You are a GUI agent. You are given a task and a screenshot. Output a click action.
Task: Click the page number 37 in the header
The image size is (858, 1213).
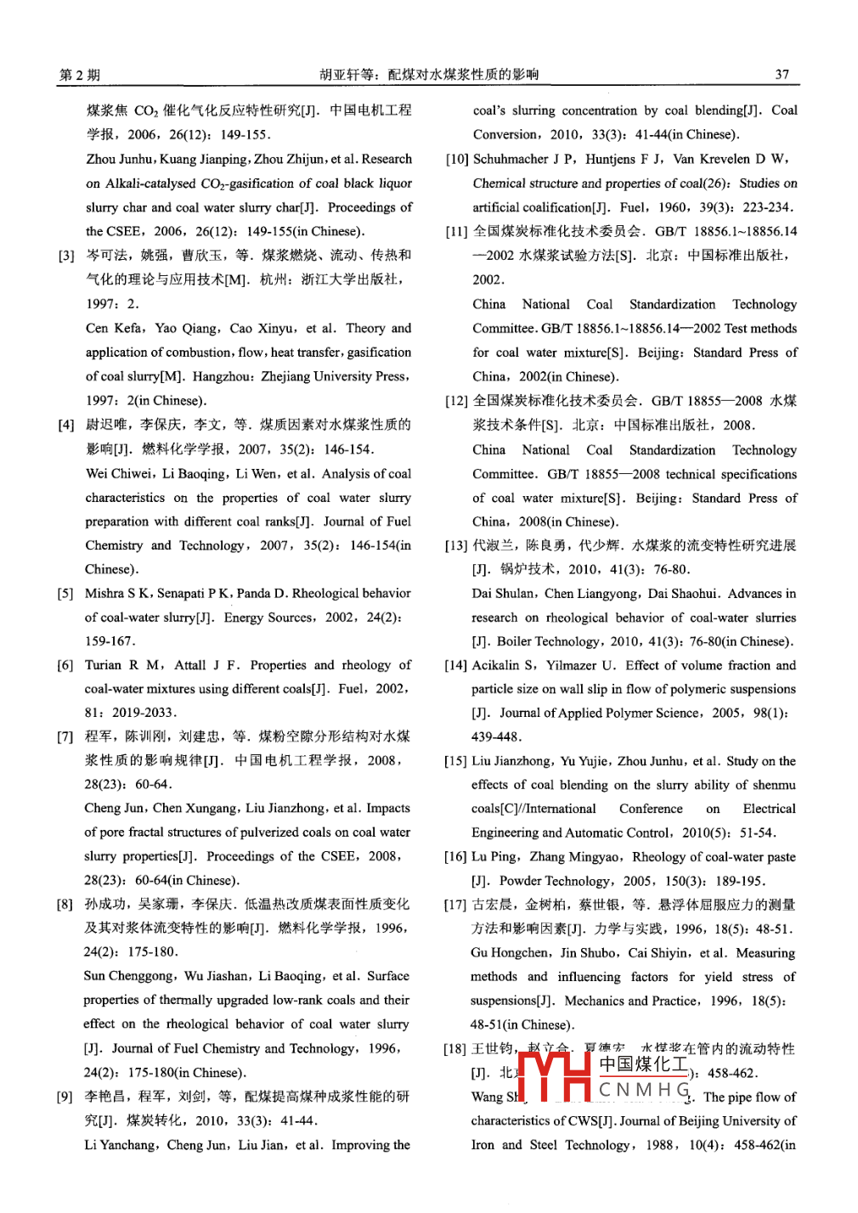click(x=782, y=74)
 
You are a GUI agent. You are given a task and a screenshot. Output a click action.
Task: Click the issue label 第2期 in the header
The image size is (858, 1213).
click(x=79, y=75)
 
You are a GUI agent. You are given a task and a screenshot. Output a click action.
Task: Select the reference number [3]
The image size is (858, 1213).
click(x=65, y=255)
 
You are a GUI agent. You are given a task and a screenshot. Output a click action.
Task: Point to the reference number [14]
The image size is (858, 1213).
click(x=455, y=666)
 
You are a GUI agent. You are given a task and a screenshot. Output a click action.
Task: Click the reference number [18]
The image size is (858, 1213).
click(x=454, y=1049)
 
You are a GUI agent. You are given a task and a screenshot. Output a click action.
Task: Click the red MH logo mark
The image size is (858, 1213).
click(x=554, y=1075)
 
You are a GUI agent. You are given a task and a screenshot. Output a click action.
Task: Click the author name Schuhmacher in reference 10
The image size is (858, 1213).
click(x=511, y=159)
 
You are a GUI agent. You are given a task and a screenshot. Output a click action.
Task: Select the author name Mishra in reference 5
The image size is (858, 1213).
click(x=103, y=593)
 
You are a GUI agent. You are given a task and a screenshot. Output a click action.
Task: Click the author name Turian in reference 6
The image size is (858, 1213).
click(x=104, y=665)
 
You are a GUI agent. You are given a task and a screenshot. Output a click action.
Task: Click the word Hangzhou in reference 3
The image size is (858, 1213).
click(x=222, y=376)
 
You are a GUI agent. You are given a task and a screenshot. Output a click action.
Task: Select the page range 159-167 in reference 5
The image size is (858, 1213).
click(x=109, y=641)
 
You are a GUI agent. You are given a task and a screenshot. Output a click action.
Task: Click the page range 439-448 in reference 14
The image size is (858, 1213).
click(x=496, y=736)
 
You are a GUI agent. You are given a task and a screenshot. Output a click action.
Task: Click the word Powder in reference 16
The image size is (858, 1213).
click(x=521, y=881)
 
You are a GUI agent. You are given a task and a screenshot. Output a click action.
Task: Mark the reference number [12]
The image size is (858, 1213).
click(x=456, y=401)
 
